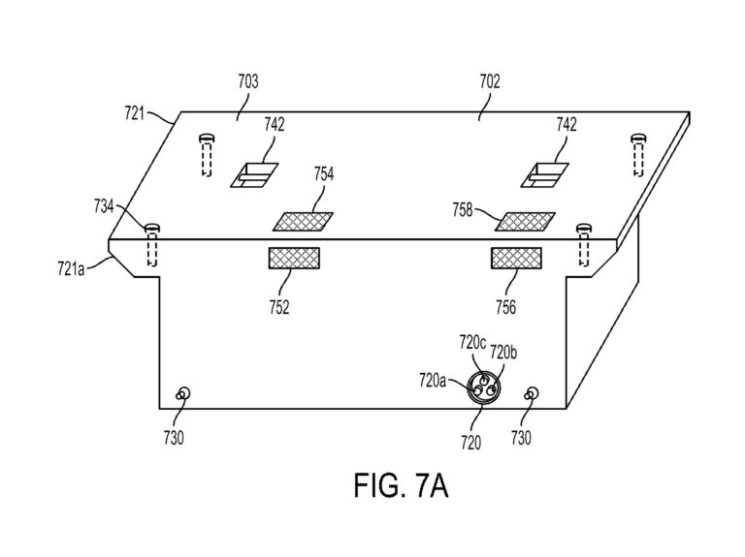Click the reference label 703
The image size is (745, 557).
(248, 81)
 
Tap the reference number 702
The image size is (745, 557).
(490, 81)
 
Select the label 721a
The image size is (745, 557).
(71, 269)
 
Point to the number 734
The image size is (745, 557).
(104, 207)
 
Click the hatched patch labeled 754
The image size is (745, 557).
(303, 222)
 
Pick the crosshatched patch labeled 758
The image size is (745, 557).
(525, 222)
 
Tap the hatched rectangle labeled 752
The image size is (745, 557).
(294, 258)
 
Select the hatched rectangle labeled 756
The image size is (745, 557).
(516, 258)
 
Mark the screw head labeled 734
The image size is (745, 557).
(152, 228)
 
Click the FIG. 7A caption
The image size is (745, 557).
(401, 485)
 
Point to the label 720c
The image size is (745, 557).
(472, 343)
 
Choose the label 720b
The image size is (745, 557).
(503, 353)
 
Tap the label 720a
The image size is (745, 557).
(433, 380)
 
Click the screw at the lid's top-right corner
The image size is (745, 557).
(637, 139)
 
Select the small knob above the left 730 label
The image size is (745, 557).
(183, 394)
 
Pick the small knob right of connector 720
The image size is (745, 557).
(532, 394)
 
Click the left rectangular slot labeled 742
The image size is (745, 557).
(254, 175)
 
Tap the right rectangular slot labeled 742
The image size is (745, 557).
(545, 175)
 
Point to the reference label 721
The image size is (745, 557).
(135, 113)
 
